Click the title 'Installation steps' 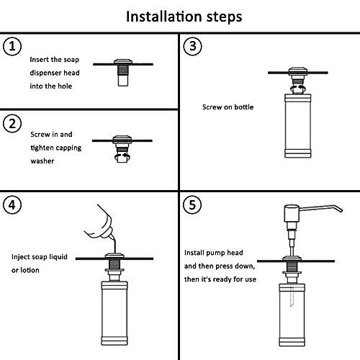click(179, 16)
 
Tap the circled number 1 click(12, 48)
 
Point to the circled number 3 click(192, 48)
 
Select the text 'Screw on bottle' click(228, 107)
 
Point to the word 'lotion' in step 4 click(32, 270)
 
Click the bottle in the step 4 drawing click(115, 310)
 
